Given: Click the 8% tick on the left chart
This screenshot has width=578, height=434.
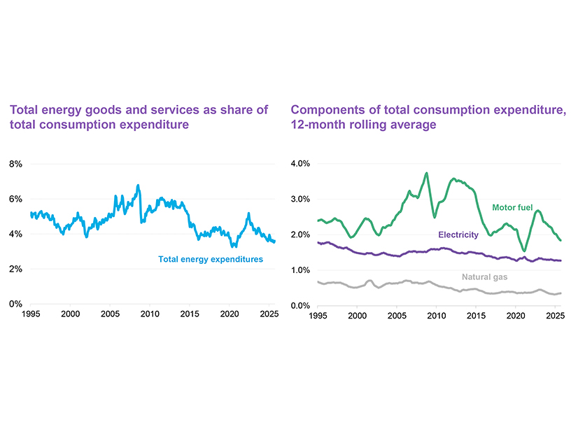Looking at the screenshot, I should [x=15, y=164].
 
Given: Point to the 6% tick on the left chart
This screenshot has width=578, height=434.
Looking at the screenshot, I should [x=15, y=199].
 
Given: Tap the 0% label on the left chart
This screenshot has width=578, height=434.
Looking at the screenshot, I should [x=15, y=304].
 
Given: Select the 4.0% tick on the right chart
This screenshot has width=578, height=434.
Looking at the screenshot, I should [x=301, y=164].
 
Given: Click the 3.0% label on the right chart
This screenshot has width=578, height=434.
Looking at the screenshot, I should [x=301, y=199].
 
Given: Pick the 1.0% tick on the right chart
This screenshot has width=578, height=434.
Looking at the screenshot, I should [x=301, y=270].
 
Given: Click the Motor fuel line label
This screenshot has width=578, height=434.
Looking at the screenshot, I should [x=512, y=208].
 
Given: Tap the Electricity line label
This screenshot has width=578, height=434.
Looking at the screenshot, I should [x=458, y=235].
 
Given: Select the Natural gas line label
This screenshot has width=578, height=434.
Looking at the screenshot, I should [x=484, y=277].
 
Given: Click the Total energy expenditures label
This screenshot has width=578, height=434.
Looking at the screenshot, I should [x=211, y=259].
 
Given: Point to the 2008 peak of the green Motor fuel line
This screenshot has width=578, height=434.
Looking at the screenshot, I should [x=426, y=174].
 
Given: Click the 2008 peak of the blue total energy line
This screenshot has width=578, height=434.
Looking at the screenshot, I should [x=139, y=186].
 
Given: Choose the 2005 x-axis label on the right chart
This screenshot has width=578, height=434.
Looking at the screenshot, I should [x=397, y=316].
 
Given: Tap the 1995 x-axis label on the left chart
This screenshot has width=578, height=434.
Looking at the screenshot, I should [x=31, y=316].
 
